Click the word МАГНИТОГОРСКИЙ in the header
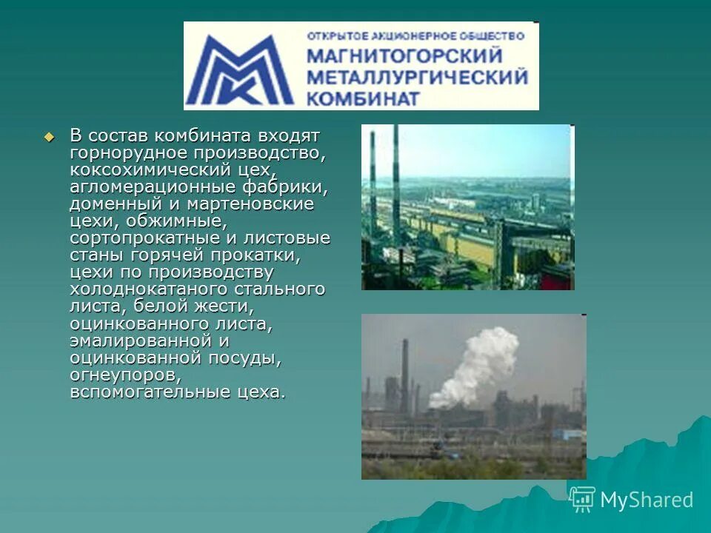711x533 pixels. tap(404, 56)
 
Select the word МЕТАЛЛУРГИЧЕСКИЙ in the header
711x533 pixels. tap(417, 76)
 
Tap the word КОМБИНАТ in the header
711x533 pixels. tap(364, 98)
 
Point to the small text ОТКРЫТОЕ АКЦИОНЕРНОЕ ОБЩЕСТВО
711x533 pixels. tap(415, 35)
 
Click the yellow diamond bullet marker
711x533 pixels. tap(50, 137)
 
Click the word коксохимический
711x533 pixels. tap(147, 170)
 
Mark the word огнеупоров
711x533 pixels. tap(121, 375)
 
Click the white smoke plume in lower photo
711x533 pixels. tap(481, 362)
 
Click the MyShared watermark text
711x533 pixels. tap(647, 500)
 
